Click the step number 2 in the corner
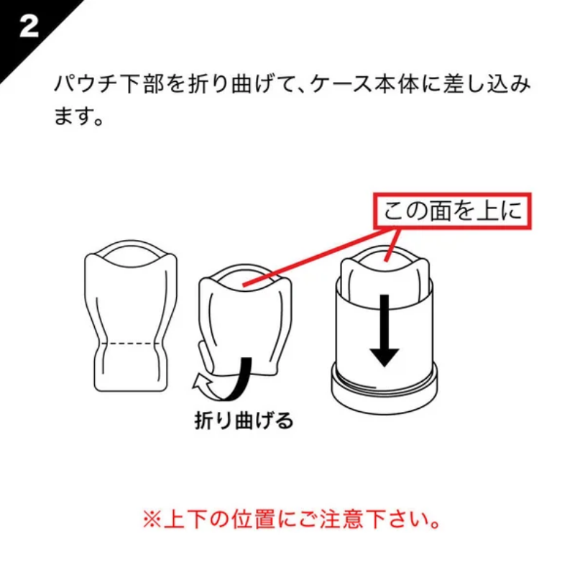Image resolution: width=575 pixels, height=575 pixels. point(29,27)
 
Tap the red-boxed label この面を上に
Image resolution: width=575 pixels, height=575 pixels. point(453,211)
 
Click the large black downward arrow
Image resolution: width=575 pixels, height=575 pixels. point(385,331)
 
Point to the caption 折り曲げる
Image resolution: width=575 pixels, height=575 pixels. point(244,420)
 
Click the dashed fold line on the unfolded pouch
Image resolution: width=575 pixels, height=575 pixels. point(131,344)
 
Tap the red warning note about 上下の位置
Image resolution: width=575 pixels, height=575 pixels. point(292,519)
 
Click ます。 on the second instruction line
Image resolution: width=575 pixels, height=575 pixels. point(78,116)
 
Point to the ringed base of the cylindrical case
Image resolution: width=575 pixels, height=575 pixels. point(384,389)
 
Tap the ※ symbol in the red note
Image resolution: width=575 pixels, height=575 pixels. point(152,520)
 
